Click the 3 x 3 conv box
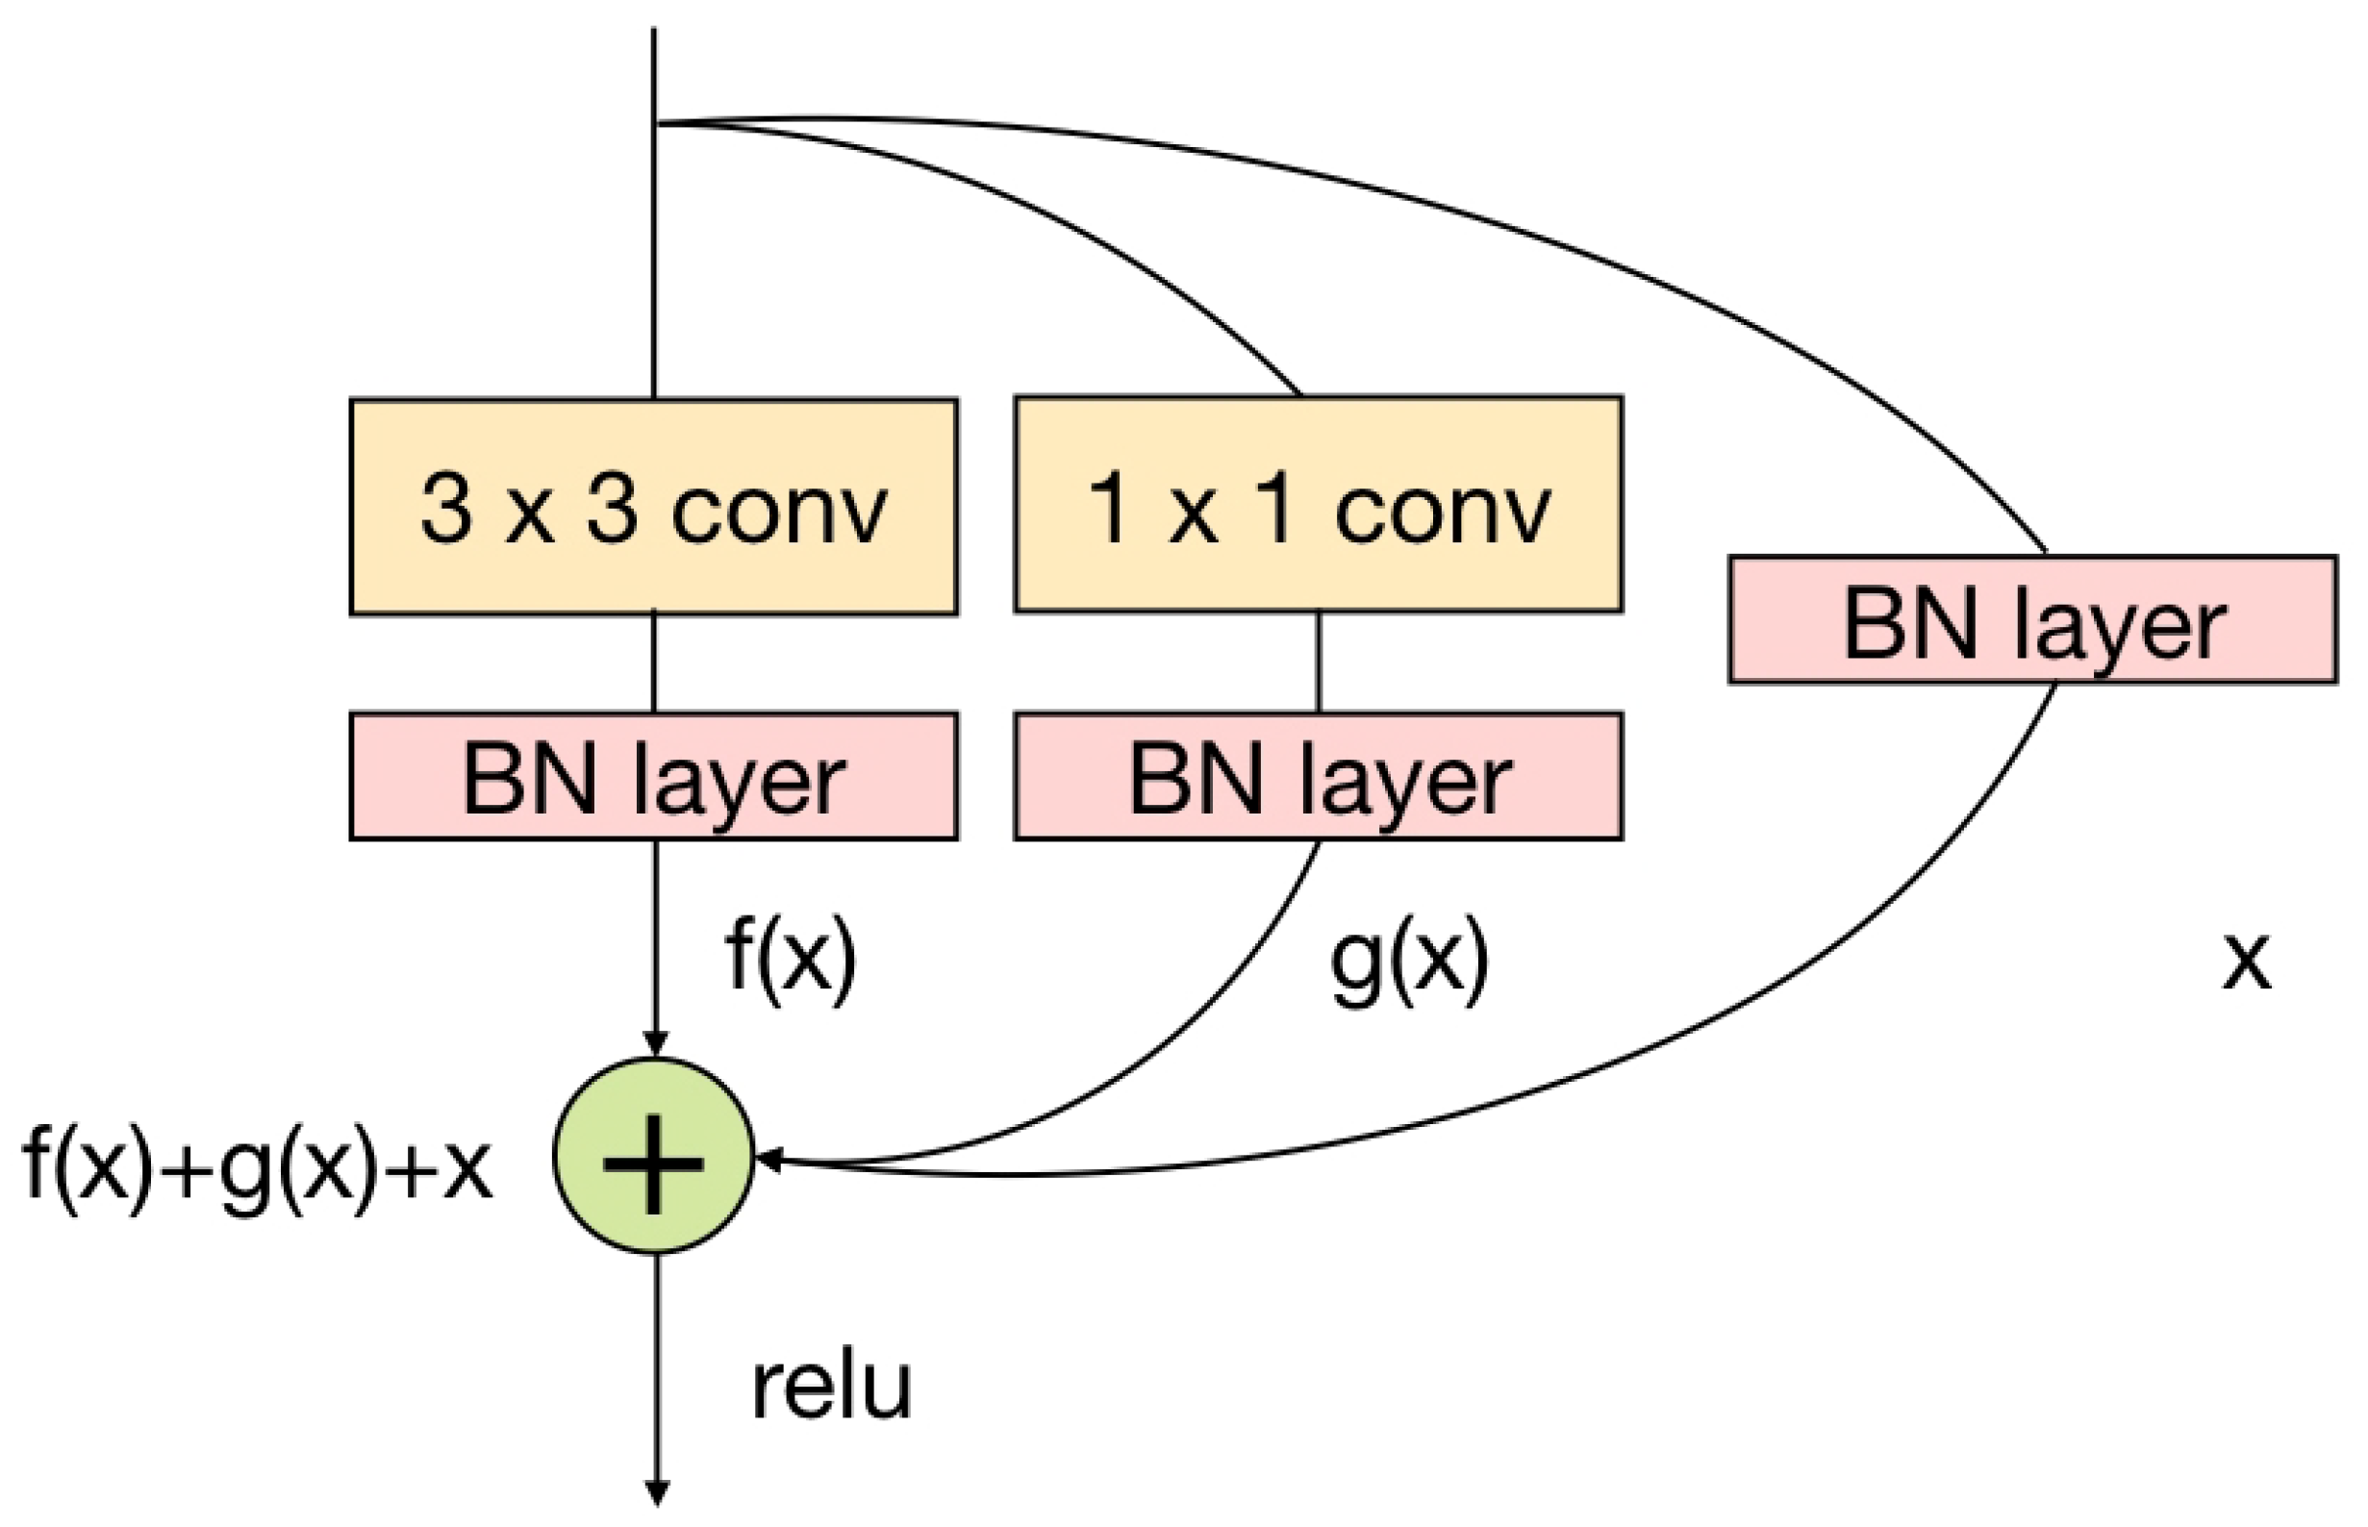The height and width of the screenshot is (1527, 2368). click(653, 507)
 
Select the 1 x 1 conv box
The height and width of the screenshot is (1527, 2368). click(1318, 504)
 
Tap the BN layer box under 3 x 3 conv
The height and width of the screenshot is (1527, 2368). click(653, 776)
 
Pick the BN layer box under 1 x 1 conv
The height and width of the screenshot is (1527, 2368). click(1318, 776)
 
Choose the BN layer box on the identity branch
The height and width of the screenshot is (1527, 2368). click(2033, 619)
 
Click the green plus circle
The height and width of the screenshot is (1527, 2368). click(653, 1155)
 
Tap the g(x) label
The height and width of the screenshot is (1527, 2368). click(1408, 957)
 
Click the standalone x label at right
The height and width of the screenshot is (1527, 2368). click(2245, 962)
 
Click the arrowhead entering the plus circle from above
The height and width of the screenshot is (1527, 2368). click(654, 1044)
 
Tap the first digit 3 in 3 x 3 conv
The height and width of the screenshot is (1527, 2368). click(445, 509)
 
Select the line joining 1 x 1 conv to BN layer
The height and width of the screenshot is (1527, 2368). click(1318, 662)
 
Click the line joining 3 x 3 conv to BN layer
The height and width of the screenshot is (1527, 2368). click(653, 663)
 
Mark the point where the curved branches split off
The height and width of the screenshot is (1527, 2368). click(657, 123)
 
